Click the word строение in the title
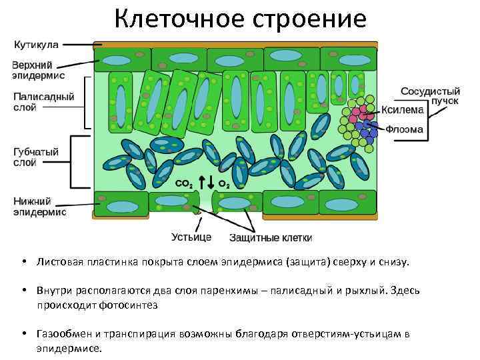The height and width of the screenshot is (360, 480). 310,18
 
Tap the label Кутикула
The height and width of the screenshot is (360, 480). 37,45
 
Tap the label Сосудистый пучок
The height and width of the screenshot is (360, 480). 431,95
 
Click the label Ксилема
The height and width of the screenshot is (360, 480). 403,111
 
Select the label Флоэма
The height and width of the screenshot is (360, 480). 405,129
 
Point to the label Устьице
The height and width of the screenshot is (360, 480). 191,237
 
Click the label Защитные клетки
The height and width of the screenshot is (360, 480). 271,237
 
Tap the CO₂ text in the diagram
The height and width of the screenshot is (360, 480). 185,183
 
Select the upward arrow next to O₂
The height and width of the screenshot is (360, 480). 211,181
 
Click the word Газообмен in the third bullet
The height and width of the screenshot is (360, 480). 63,334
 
